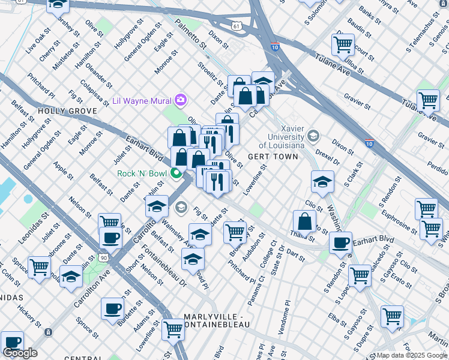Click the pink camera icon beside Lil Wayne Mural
click(180, 100)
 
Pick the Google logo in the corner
click(20, 353)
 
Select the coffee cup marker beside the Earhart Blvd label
click(341, 242)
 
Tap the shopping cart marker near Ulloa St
click(343, 44)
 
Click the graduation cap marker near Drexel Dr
click(322, 181)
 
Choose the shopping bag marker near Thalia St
click(305, 220)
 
